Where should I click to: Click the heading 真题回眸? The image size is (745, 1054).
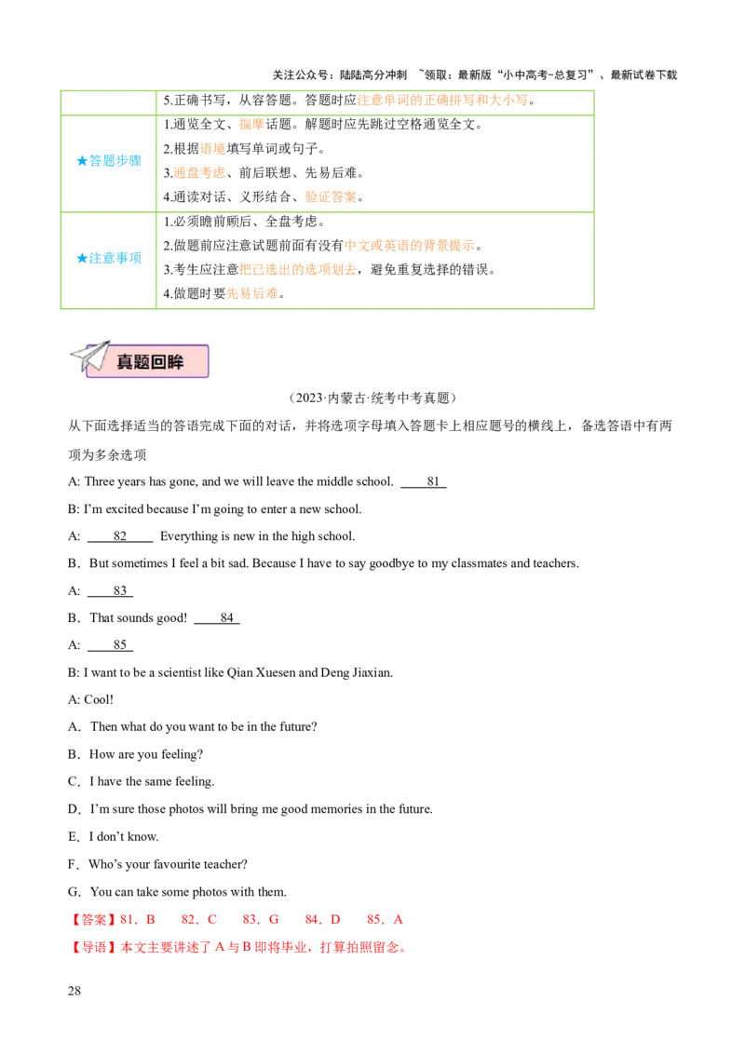point(150,362)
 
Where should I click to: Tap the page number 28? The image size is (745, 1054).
point(74,990)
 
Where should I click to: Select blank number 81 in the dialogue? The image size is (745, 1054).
point(424,482)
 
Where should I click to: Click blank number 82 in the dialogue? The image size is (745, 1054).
point(120,536)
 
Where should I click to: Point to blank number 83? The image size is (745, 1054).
point(110,591)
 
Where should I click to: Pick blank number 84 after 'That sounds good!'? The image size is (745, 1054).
point(217,617)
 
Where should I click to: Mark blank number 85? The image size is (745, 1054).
point(110,644)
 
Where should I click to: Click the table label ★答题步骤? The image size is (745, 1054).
point(109,161)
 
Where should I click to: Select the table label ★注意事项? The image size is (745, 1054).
point(109,258)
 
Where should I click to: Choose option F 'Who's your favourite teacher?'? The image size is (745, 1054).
point(157,864)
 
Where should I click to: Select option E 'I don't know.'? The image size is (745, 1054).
point(113,837)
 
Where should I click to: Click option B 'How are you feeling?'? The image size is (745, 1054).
point(135,755)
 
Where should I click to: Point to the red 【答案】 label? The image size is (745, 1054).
point(93,920)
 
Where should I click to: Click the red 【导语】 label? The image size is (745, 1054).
point(93,948)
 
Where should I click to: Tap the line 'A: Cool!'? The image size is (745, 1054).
point(90,700)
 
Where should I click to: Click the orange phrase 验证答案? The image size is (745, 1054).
point(331,197)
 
